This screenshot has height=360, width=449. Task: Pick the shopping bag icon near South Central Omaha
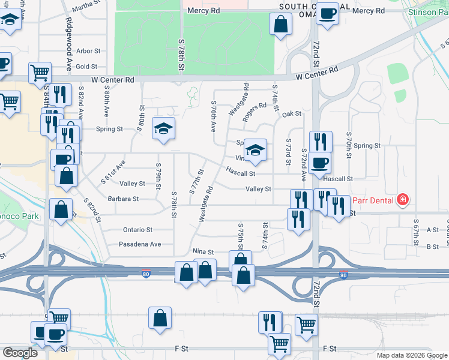click(280, 25)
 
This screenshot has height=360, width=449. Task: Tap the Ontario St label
click(138, 230)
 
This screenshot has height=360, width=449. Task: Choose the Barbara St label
click(123, 199)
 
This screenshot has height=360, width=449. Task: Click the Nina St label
click(203, 251)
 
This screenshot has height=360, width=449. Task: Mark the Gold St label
click(86, 67)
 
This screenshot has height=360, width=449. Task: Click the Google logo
click(20, 353)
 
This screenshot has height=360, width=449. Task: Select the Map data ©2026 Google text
click(412, 355)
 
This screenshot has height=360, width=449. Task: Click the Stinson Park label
click(427, 12)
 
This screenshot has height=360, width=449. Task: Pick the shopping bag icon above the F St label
click(160, 319)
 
